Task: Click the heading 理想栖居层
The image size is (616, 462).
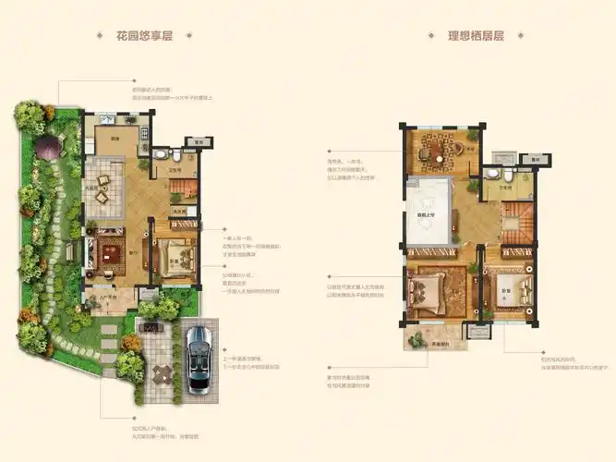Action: click(475, 36)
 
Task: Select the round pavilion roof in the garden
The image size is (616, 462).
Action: click(47, 145)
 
